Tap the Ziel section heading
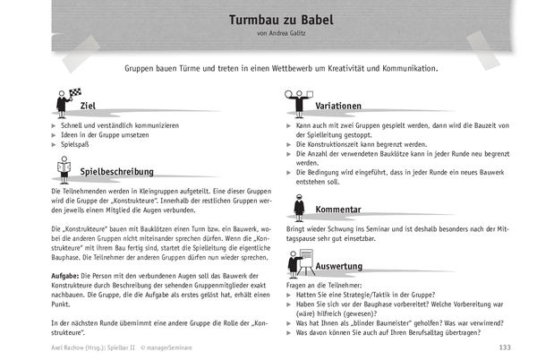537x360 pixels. [x=89, y=106]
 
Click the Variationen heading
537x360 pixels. [x=338, y=106]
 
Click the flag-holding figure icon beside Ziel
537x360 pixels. [x=64, y=102]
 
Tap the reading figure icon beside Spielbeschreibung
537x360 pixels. [x=64, y=167]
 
